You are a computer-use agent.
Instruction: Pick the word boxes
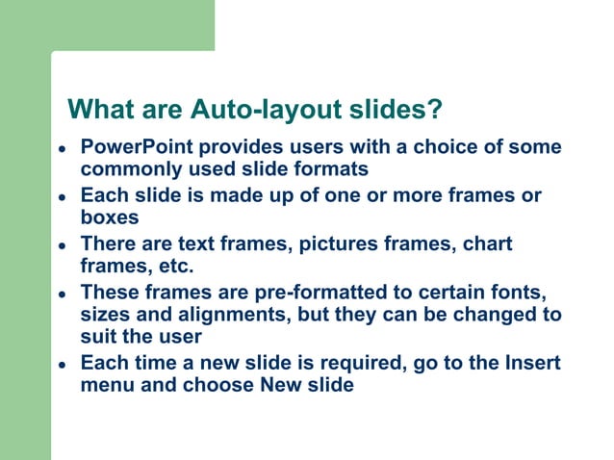tap(110, 217)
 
